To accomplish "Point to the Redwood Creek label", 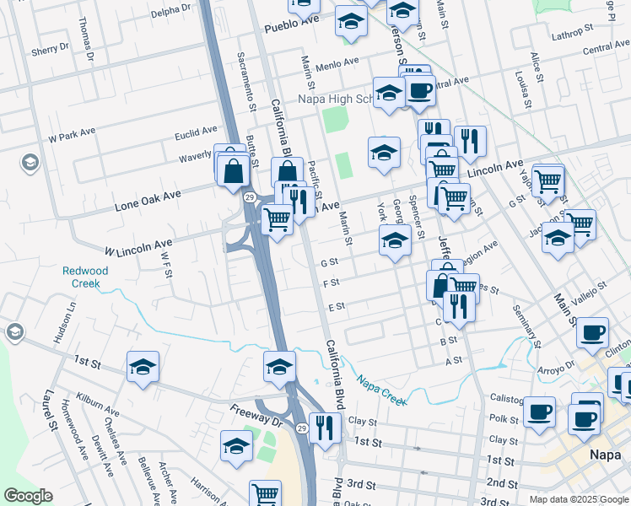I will [x=81, y=277].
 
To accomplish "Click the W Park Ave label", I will [x=73, y=135].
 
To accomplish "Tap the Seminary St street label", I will [x=525, y=324].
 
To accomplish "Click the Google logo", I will [x=28, y=496].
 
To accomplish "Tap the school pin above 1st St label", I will [x=143, y=368].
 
